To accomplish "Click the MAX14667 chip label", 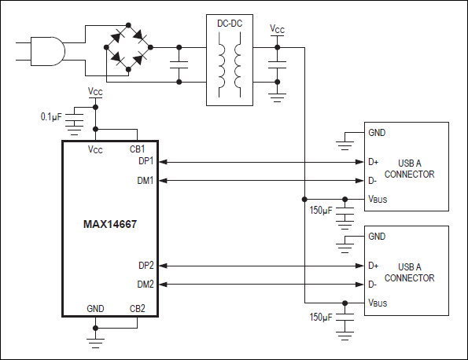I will click(111, 223).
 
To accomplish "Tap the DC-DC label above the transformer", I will click(229, 24).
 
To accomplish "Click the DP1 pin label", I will click(146, 161).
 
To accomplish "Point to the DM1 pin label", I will click(146, 180).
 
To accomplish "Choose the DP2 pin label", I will click(146, 266).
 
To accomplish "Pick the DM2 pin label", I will click(146, 285).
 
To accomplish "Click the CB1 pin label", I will click(138, 149).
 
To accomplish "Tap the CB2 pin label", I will click(138, 308).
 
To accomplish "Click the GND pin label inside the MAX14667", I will click(95, 308).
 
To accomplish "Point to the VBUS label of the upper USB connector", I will click(378, 200).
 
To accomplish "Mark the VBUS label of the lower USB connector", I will click(378, 303).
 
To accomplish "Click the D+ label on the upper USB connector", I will click(374, 162).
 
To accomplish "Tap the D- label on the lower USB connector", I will click(373, 285).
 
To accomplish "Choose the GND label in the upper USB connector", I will click(377, 133).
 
